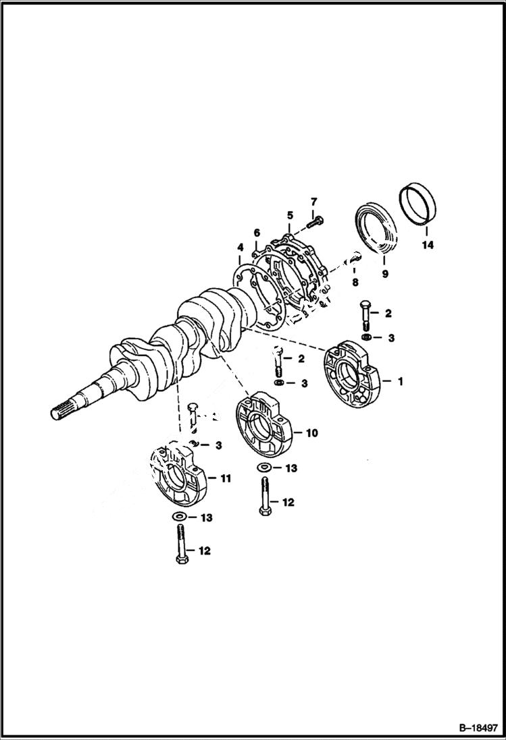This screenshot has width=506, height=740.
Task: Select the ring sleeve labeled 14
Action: pos(417,203)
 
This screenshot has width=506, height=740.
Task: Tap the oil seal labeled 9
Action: pos(376,226)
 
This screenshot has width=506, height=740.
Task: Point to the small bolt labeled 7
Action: pos(315,221)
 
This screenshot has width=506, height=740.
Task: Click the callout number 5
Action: pos(289,215)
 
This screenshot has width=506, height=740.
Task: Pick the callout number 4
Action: pos(257,233)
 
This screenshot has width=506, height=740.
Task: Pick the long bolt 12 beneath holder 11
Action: pos(180,546)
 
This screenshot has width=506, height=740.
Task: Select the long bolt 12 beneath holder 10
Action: pos(264,496)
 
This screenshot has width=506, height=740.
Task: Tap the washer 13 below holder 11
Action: pos(180,517)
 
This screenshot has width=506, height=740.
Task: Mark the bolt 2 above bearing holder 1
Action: pos(365,314)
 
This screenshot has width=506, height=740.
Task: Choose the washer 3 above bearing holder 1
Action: pos(365,337)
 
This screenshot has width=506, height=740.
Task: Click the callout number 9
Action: pos(384,275)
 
